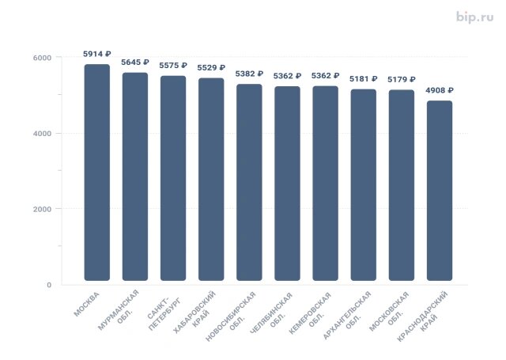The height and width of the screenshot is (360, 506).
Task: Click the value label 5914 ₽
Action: [x=96, y=54]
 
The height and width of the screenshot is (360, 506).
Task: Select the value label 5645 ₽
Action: [x=134, y=62]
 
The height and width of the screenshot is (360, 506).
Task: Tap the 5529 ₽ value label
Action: [x=210, y=68]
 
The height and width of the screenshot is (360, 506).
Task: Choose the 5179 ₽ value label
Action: [x=401, y=80]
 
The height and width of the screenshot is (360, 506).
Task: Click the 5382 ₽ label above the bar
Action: [x=249, y=74]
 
